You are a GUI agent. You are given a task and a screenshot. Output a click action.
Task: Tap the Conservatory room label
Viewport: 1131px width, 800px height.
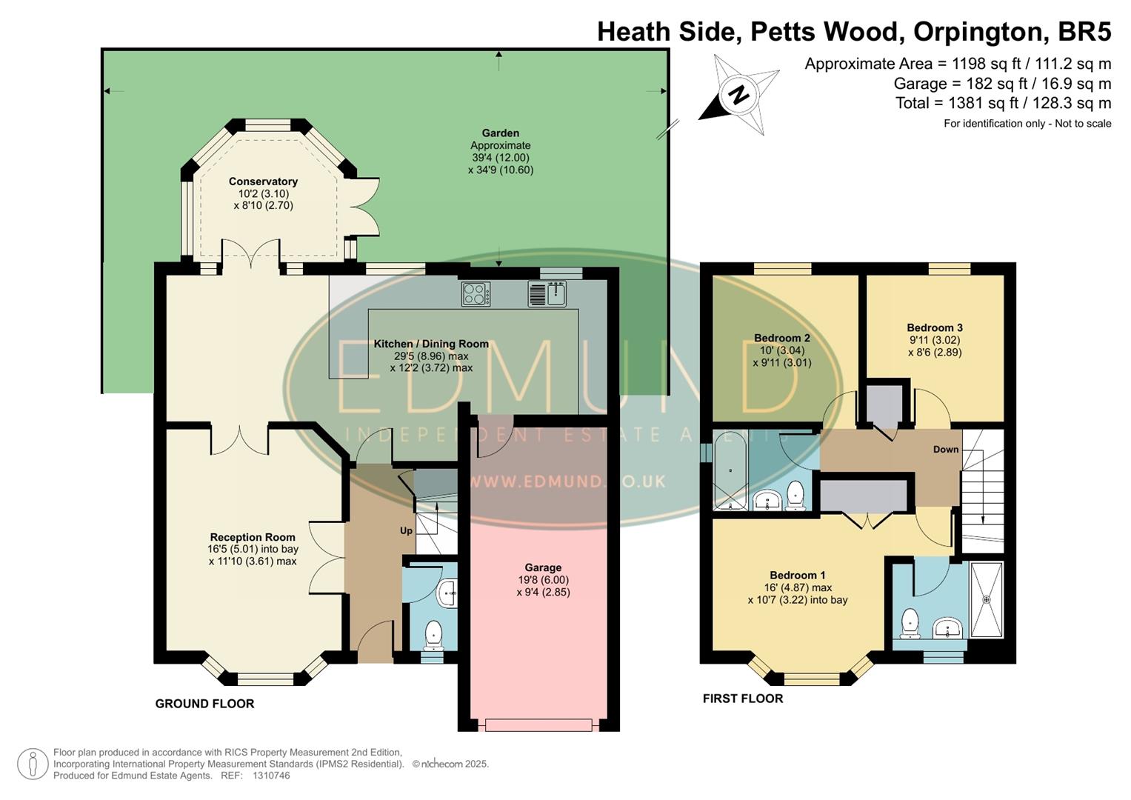[263, 181]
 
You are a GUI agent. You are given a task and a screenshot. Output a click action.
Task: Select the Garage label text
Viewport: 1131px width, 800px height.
[543, 568]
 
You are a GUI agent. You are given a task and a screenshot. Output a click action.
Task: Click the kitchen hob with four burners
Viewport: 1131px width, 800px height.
[476, 294]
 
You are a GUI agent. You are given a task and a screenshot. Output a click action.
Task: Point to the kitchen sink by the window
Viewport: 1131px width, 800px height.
[548, 293]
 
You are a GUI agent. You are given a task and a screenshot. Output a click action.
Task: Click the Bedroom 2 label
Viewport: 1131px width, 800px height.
[781, 338]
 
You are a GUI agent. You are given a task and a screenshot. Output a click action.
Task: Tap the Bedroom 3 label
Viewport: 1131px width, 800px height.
[934, 327]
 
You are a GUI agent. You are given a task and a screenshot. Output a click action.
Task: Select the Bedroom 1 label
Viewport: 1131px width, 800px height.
[797, 575]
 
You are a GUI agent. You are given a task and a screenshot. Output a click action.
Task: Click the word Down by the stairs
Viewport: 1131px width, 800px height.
[945, 450]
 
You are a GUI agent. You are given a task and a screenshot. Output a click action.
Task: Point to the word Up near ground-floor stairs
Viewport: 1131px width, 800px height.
[406, 531]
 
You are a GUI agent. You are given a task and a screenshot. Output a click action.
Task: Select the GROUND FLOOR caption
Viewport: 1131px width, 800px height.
[204, 704]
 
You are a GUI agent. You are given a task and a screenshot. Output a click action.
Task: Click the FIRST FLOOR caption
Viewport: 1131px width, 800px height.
[742, 699]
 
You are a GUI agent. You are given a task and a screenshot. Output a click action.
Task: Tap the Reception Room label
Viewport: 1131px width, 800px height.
[253, 537]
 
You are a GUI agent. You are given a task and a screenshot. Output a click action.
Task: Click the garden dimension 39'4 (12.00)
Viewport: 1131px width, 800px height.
[501, 158]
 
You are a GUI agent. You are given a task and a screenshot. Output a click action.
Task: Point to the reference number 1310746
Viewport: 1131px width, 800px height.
[271, 776]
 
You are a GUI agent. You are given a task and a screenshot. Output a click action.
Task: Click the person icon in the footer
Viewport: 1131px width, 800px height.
[33, 764]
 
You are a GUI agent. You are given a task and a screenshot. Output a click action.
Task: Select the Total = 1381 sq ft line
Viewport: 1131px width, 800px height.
[1003, 103]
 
